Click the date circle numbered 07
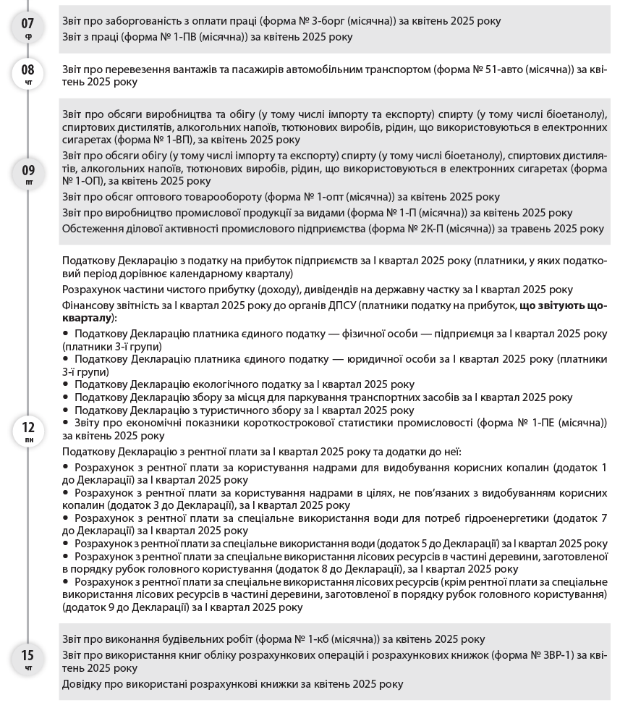[x=27, y=28]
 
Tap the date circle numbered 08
[x=27, y=75]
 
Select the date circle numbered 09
[x=27, y=174]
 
